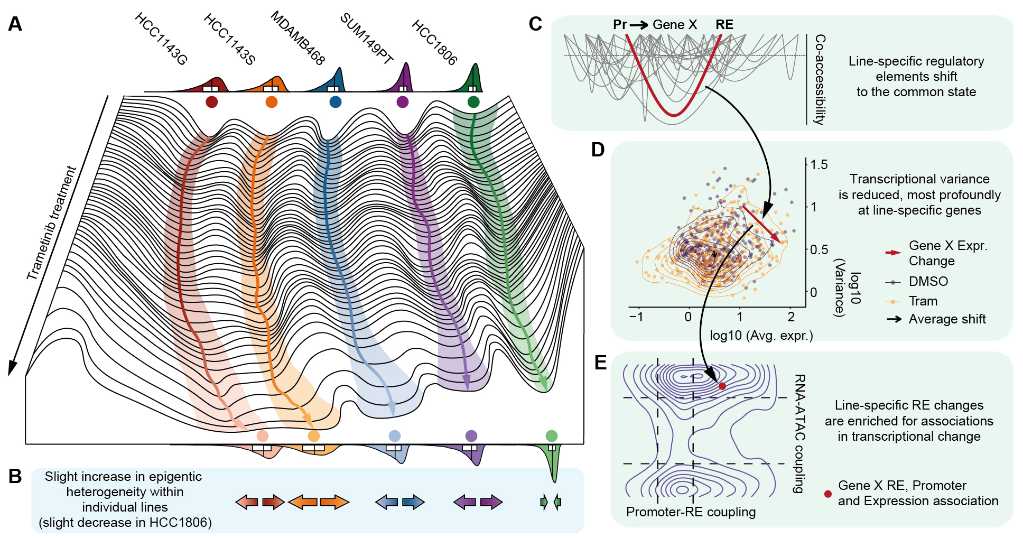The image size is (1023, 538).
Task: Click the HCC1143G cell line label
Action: [x=161, y=39]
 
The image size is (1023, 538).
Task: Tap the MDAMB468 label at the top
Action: [x=297, y=38]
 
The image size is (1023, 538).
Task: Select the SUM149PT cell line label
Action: [x=367, y=39]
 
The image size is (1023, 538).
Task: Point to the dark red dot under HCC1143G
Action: [x=211, y=102]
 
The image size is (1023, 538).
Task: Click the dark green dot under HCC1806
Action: [x=473, y=102]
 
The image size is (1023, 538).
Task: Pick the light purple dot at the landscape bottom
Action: [x=471, y=436]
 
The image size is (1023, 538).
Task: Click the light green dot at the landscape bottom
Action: [x=551, y=436]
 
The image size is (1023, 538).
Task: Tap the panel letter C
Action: [x=535, y=24]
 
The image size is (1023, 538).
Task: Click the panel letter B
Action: [x=15, y=476]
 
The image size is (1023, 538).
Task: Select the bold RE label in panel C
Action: [x=724, y=25]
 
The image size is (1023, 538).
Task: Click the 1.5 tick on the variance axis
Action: [x=819, y=165]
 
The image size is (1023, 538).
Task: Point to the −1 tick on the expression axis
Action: [x=636, y=317]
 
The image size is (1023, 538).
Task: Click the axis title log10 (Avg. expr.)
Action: [x=761, y=336]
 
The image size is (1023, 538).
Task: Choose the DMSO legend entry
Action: [x=928, y=282]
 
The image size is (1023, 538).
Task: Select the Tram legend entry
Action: [x=923, y=301]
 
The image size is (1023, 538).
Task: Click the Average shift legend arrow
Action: [x=894, y=319]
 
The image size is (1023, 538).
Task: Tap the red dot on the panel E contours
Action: [x=722, y=386]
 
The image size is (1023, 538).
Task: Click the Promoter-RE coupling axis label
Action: [x=691, y=512]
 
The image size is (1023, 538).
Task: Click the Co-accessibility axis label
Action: [x=820, y=79]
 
